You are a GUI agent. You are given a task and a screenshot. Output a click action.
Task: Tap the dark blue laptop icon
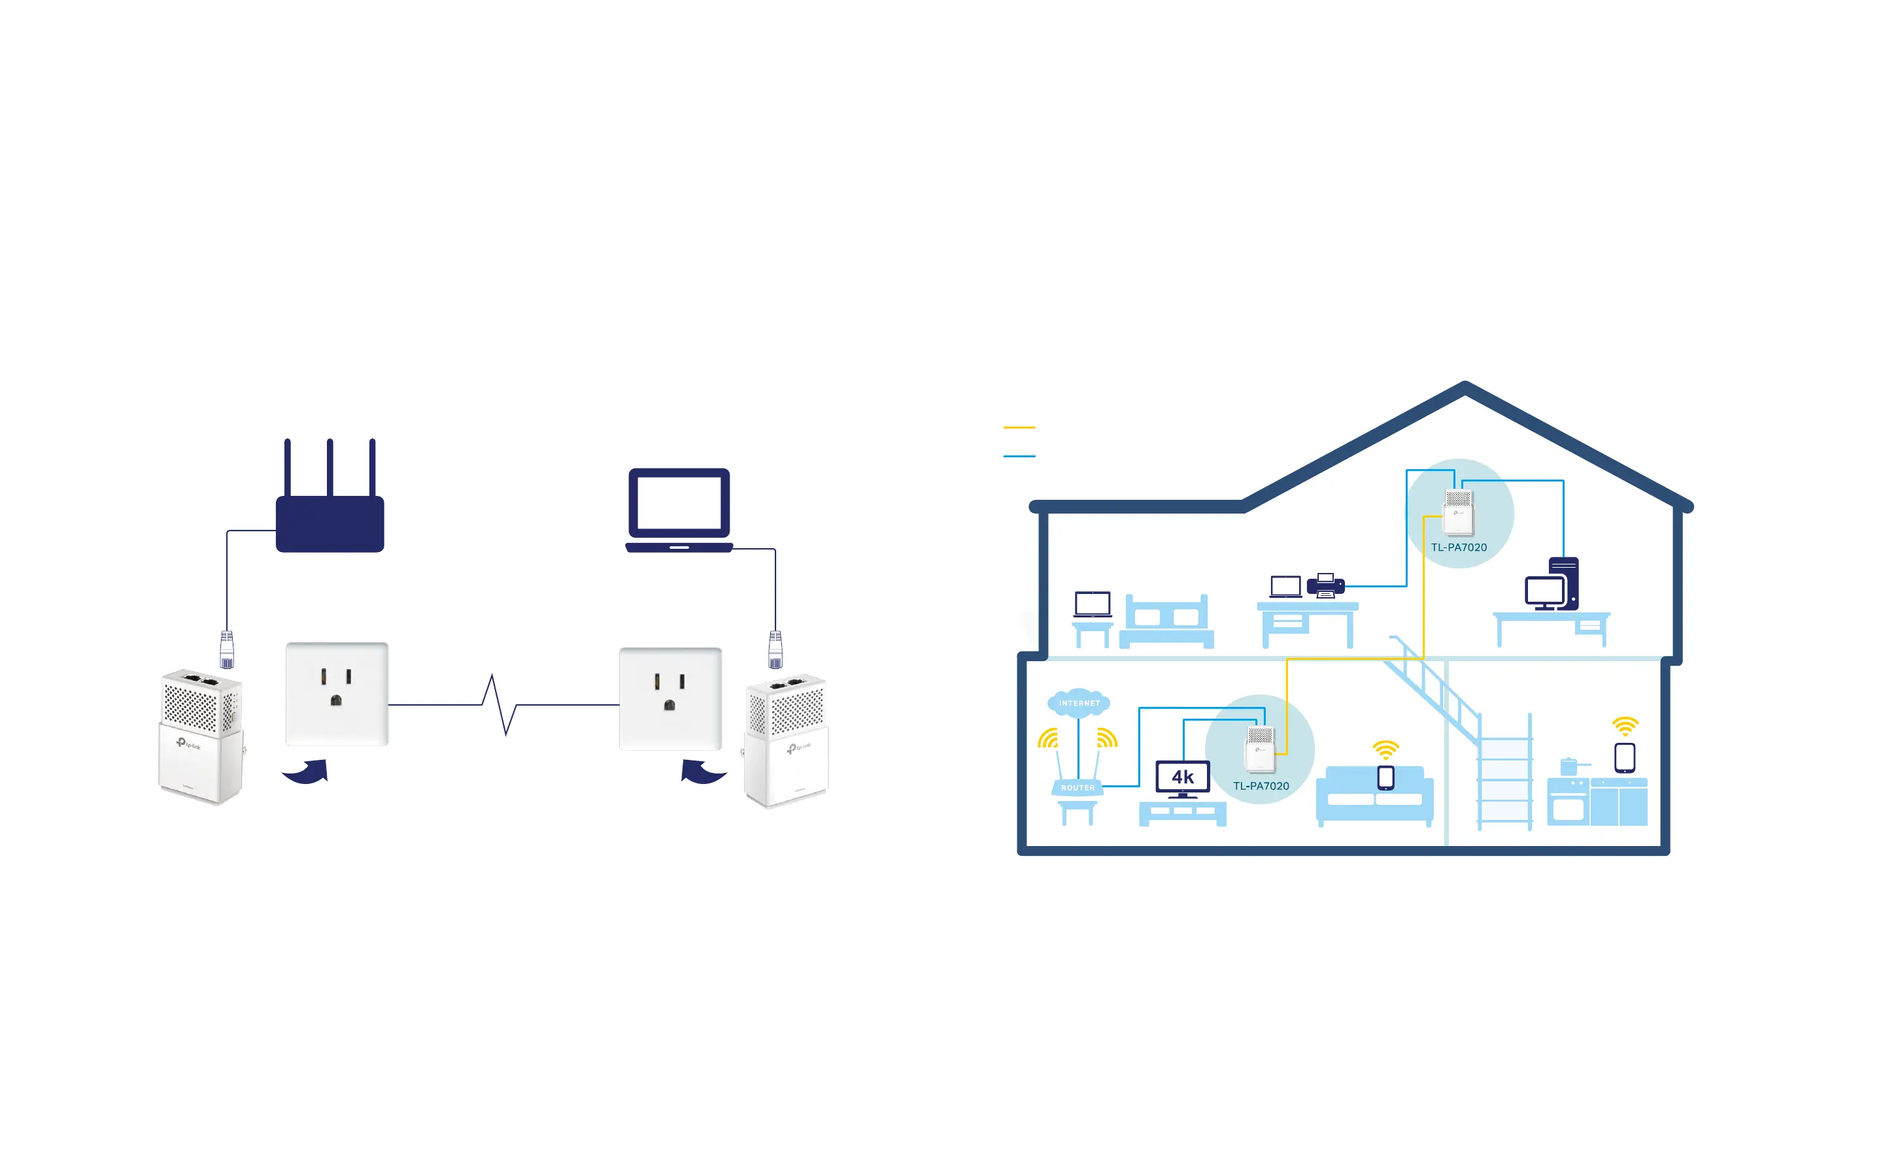coord(679,510)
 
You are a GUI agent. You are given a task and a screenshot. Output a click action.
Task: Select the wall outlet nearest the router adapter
coord(337,693)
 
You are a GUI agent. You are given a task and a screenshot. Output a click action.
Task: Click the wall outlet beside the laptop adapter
coord(670,698)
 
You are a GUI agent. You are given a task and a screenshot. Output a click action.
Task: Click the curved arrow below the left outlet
coord(306,772)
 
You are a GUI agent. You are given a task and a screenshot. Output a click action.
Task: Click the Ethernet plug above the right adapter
coord(775,649)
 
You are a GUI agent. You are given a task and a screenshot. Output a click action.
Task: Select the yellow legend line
coord(1019,427)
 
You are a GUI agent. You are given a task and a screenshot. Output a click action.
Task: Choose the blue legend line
coord(1019,456)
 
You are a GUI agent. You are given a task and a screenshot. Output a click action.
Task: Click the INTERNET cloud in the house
coord(1078,703)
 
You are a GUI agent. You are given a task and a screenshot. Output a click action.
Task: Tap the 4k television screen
coord(1183,776)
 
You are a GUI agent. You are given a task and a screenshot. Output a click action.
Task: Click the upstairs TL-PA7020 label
coord(1459,547)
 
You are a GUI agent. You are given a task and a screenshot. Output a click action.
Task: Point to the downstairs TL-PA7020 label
coord(1261,787)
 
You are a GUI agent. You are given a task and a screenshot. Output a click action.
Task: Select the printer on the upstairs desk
coord(1325,585)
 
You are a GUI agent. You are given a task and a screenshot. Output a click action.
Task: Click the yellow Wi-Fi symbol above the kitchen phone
coord(1625,727)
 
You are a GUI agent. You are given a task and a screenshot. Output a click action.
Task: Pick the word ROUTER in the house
coord(1077,788)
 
